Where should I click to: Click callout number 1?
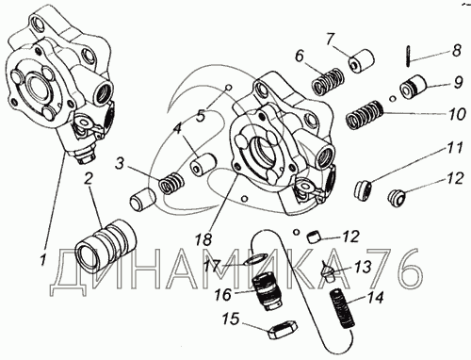(x=43, y=260)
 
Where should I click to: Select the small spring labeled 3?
(x=171, y=184)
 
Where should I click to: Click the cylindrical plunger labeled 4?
(x=203, y=165)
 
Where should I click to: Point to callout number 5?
(x=201, y=116)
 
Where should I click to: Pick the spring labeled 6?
(x=328, y=81)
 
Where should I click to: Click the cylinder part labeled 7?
(x=363, y=60)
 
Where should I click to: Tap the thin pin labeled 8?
(x=408, y=56)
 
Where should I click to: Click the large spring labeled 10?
(x=365, y=115)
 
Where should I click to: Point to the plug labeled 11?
(x=364, y=189)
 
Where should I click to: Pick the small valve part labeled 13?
(x=328, y=270)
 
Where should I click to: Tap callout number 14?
(x=376, y=298)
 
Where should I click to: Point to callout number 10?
(x=457, y=113)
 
